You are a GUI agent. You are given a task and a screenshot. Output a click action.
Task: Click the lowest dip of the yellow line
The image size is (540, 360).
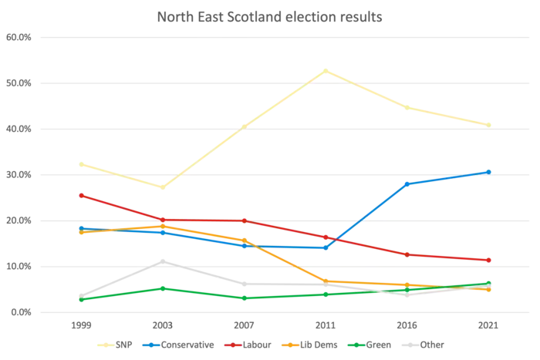tap(162, 187)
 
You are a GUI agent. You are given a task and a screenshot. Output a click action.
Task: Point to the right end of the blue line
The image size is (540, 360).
tap(491, 170)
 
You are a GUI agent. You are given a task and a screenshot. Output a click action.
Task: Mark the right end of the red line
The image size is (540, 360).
tap(491, 261)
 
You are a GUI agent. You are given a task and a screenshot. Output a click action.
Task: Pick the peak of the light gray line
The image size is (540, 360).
tap(162, 261)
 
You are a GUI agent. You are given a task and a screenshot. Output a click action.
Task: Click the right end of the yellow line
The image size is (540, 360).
tap(491, 124)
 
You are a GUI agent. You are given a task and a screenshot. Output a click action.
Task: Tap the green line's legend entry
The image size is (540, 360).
tap(372, 345)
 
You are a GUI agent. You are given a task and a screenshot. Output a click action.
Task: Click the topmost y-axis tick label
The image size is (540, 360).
tap(17, 37)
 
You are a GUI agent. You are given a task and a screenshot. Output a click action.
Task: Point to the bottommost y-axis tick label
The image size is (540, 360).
tap(17, 313)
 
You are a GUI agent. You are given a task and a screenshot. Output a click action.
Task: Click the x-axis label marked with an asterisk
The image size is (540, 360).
tap(244, 326)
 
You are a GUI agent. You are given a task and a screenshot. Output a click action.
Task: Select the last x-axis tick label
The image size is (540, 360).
tap(491, 326)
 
